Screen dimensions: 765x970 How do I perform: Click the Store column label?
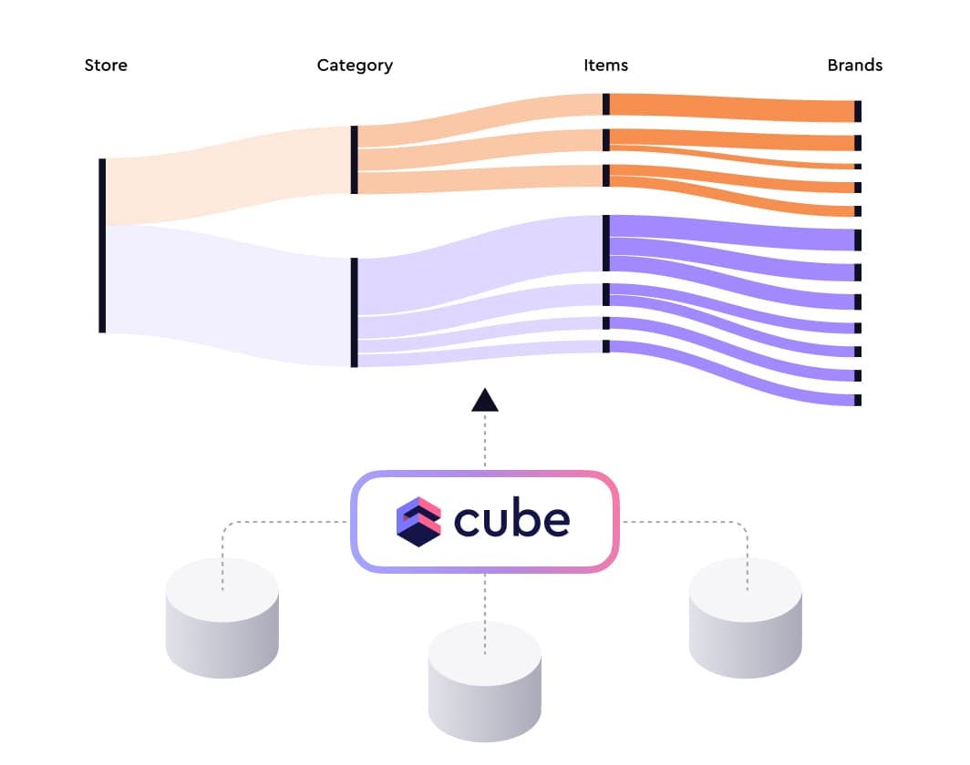pyautogui.click(x=106, y=66)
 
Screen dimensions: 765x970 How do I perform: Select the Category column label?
pyautogui.click(x=355, y=66)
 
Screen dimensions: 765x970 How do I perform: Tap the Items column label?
pyautogui.click(x=605, y=66)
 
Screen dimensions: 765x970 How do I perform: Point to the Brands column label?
pyautogui.click(x=854, y=66)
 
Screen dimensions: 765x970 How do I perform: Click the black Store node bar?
pyautogui.click(x=102, y=246)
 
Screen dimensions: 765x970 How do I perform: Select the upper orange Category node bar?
pyautogui.click(x=354, y=160)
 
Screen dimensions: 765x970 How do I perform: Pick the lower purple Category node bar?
pyautogui.click(x=354, y=312)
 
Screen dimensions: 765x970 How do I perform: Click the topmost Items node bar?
pyautogui.click(x=606, y=104)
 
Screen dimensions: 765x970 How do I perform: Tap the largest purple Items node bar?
pyautogui.click(x=606, y=243)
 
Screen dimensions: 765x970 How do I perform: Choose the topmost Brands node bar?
pyautogui.click(x=857, y=111)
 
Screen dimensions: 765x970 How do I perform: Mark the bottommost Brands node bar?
pyautogui.click(x=858, y=400)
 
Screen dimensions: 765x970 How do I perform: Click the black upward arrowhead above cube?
pyautogui.click(x=485, y=400)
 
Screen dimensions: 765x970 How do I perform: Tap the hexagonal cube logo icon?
pyautogui.click(x=418, y=521)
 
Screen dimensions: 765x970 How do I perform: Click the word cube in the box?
pyautogui.click(x=511, y=520)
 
